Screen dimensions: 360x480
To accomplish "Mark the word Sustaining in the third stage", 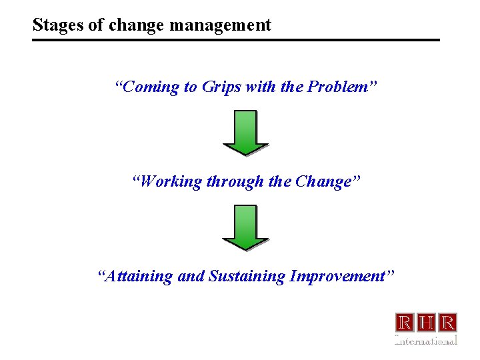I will (247, 276).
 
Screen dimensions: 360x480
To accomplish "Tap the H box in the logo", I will (427, 323).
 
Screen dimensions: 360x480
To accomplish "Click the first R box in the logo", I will (405, 323).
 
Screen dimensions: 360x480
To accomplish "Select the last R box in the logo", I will (448, 323).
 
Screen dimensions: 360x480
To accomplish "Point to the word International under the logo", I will (426, 341).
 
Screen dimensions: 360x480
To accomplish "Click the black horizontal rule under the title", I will (236, 40).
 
